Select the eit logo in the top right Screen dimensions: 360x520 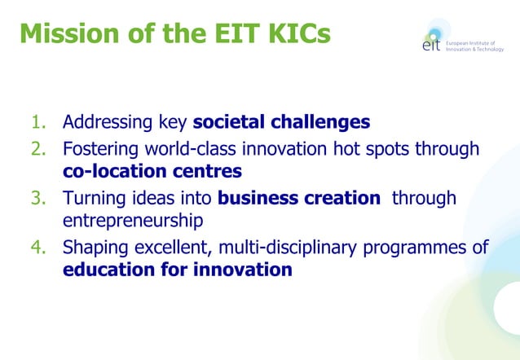pyautogui.click(x=433, y=42)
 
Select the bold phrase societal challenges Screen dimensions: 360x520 pyautogui.click(x=281, y=123)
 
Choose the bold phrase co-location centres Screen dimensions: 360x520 pyautogui.click(x=152, y=172)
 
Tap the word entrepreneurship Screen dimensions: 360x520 pyautogui.click(x=133, y=221)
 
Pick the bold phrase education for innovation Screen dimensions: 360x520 pyautogui.click(x=178, y=270)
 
